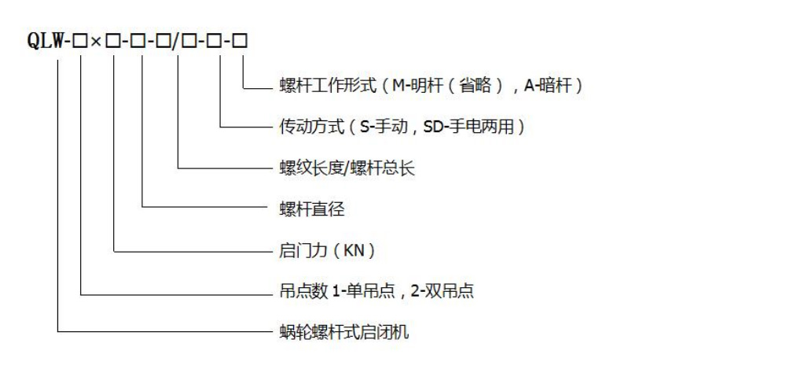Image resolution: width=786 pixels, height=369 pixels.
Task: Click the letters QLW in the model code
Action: tap(45, 40)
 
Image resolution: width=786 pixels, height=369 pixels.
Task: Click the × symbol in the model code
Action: tap(96, 41)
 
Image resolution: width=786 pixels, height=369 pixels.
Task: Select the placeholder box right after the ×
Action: tap(112, 41)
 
